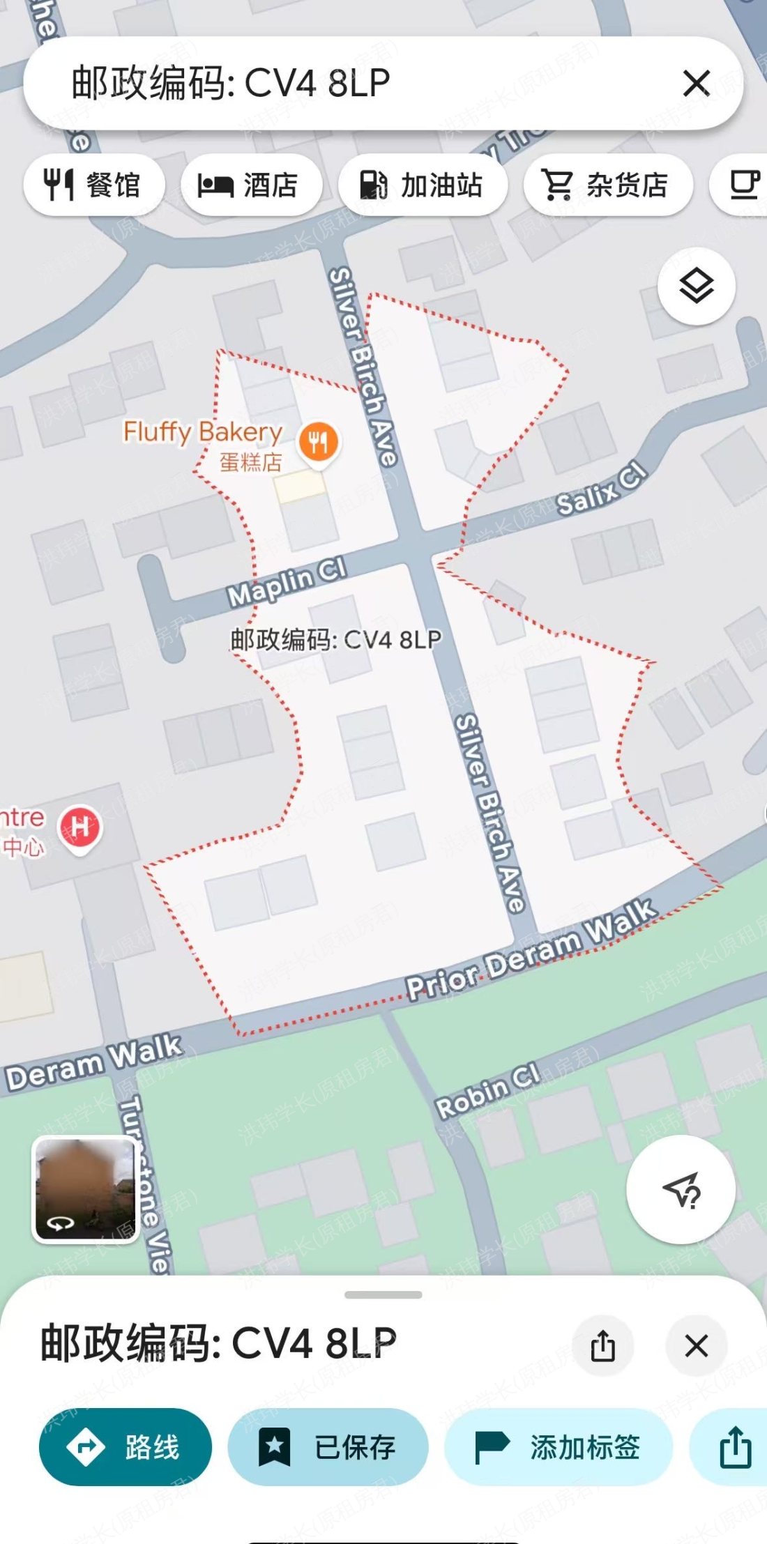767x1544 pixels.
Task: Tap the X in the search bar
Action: coord(696,84)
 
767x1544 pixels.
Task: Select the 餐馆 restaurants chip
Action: coord(94,185)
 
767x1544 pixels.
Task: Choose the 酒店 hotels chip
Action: coord(251,185)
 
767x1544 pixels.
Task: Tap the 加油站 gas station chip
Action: coord(423,185)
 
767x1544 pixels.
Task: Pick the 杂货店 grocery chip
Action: coord(607,185)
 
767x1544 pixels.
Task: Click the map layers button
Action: coord(696,286)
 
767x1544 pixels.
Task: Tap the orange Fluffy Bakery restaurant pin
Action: coord(319,442)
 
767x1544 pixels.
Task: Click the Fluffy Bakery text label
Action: coord(203,432)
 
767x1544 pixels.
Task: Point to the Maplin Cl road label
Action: coord(287,583)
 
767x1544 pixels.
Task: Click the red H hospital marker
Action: coord(80,827)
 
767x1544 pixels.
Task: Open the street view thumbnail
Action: coord(86,1189)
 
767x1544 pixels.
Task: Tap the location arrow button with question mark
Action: coord(681,1189)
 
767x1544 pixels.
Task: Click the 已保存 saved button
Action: coord(328,1447)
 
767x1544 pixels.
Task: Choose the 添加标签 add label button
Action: coord(559,1447)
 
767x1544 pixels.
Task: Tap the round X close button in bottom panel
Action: coord(696,1346)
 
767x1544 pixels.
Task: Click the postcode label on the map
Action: coord(335,639)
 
